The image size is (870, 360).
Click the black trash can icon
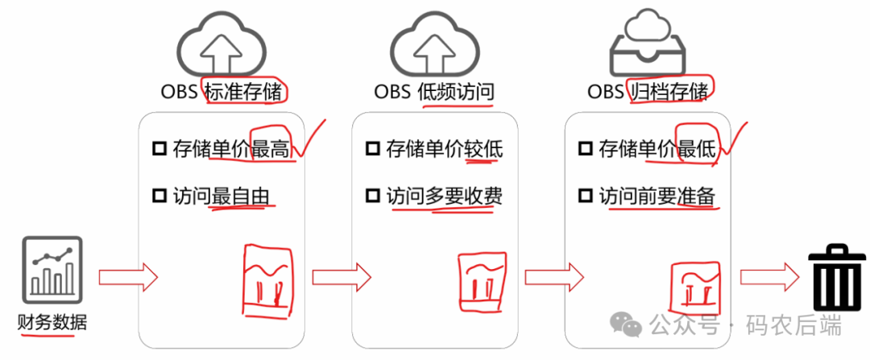point(838,279)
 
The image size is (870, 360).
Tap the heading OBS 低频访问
point(434,91)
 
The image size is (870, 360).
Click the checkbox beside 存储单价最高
point(159,149)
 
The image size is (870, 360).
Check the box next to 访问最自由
point(159,196)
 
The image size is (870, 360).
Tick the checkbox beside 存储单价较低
point(372,149)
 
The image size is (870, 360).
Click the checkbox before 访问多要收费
point(372,196)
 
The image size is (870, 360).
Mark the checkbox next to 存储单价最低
point(586,149)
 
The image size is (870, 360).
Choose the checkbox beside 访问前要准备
point(586,196)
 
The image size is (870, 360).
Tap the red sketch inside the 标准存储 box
point(268,278)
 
